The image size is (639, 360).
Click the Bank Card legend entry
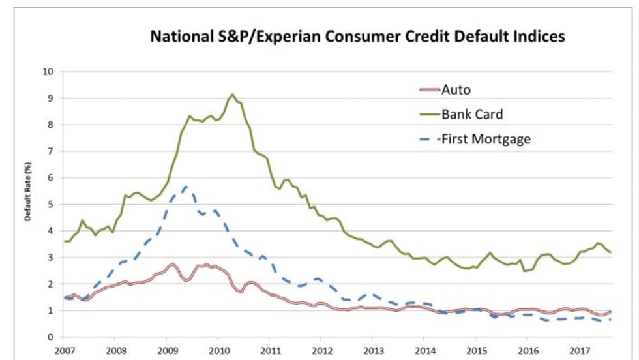coord(471,113)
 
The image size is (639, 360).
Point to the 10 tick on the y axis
coord(48,71)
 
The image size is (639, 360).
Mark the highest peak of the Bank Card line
coord(233,94)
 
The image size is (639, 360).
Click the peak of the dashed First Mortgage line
coord(186,187)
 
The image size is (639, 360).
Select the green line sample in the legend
coord(427,113)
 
